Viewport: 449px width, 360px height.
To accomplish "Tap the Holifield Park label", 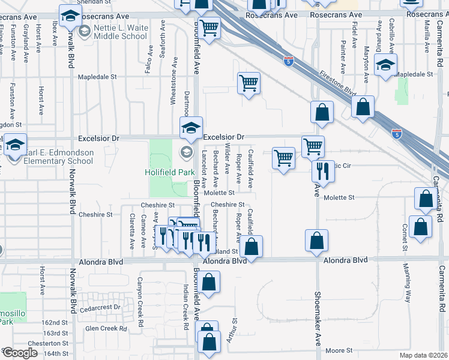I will [x=166, y=172].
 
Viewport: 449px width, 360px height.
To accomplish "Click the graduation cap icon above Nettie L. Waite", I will [x=71, y=16].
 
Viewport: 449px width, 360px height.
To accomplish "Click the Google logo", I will [x=20, y=353].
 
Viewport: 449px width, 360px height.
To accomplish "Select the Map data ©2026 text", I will [x=427, y=355].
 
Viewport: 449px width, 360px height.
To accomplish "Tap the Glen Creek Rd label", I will [x=106, y=328].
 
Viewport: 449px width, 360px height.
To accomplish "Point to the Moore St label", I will [x=338, y=350].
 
